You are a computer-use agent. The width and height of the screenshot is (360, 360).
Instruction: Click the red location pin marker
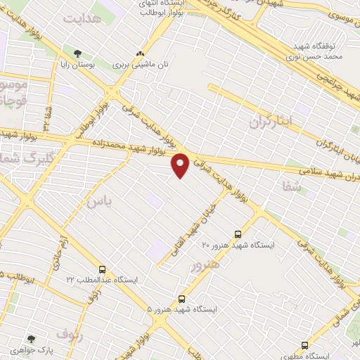pyautogui.click(x=181, y=165)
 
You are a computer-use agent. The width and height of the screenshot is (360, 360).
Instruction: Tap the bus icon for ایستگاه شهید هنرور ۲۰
pyautogui.click(x=238, y=234)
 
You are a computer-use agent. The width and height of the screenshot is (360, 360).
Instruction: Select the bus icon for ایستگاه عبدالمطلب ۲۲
pyautogui.click(x=103, y=269)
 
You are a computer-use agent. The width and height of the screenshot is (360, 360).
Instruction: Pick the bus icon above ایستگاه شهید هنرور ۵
pyautogui.click(x=182, y=299)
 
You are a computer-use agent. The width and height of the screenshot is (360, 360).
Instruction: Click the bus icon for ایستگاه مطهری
pyautogui.click(x=304, y=345)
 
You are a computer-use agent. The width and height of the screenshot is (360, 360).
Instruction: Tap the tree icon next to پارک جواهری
pyautogui.click(x=30, y=337)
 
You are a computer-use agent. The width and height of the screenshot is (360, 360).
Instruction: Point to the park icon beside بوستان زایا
pyautogui.click(x=77, y=53)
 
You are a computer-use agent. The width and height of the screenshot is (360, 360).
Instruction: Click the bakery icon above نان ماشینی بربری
pyautogui.click(x=140, y=53)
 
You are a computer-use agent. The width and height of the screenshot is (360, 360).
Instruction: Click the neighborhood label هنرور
pyautogui.click(x=203, y=265)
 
